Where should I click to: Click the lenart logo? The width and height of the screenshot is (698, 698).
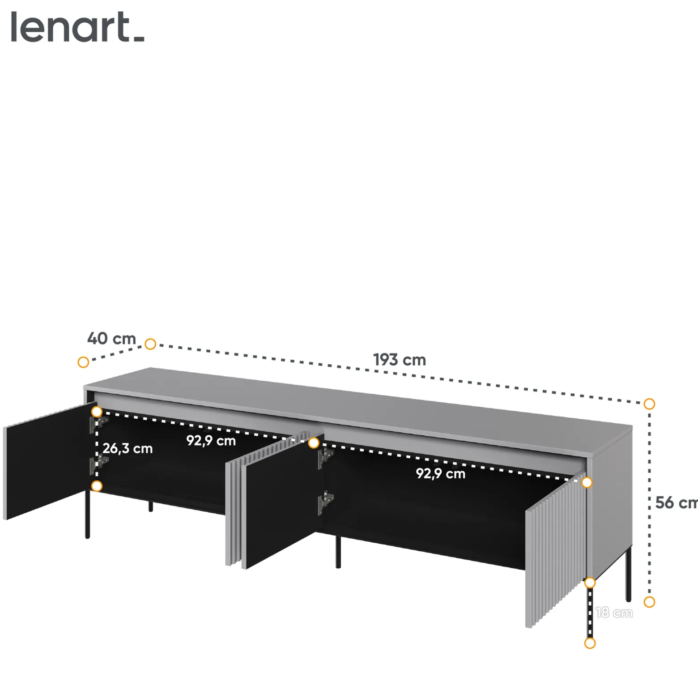[77, 27]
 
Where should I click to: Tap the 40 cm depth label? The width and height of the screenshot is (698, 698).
[111, 338]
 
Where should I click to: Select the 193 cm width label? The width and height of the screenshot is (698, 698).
[400, 360]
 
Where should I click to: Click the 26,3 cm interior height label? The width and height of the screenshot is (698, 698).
[128, 448]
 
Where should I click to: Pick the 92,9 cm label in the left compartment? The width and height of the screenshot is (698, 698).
[211, 441]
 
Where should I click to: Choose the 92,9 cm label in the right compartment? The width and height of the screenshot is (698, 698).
[441, 473]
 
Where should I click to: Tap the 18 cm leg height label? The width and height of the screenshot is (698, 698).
[614, 613]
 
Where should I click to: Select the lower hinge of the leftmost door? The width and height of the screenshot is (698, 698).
[98, 465]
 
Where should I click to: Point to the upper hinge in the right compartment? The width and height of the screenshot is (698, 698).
[326, 458]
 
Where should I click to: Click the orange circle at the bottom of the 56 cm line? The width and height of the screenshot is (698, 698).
[649, 602]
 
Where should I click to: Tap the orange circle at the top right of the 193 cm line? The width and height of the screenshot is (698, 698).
[649, 404]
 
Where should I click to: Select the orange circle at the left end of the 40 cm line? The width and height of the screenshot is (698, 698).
[83, 362]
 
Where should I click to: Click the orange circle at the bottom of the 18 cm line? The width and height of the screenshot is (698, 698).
[590, 643]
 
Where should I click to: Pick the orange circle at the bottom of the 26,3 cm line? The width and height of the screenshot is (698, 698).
[97, 486]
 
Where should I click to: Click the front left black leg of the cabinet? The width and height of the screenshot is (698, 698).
[88, 514]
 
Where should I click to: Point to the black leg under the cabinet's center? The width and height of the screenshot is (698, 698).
[338, 551]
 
